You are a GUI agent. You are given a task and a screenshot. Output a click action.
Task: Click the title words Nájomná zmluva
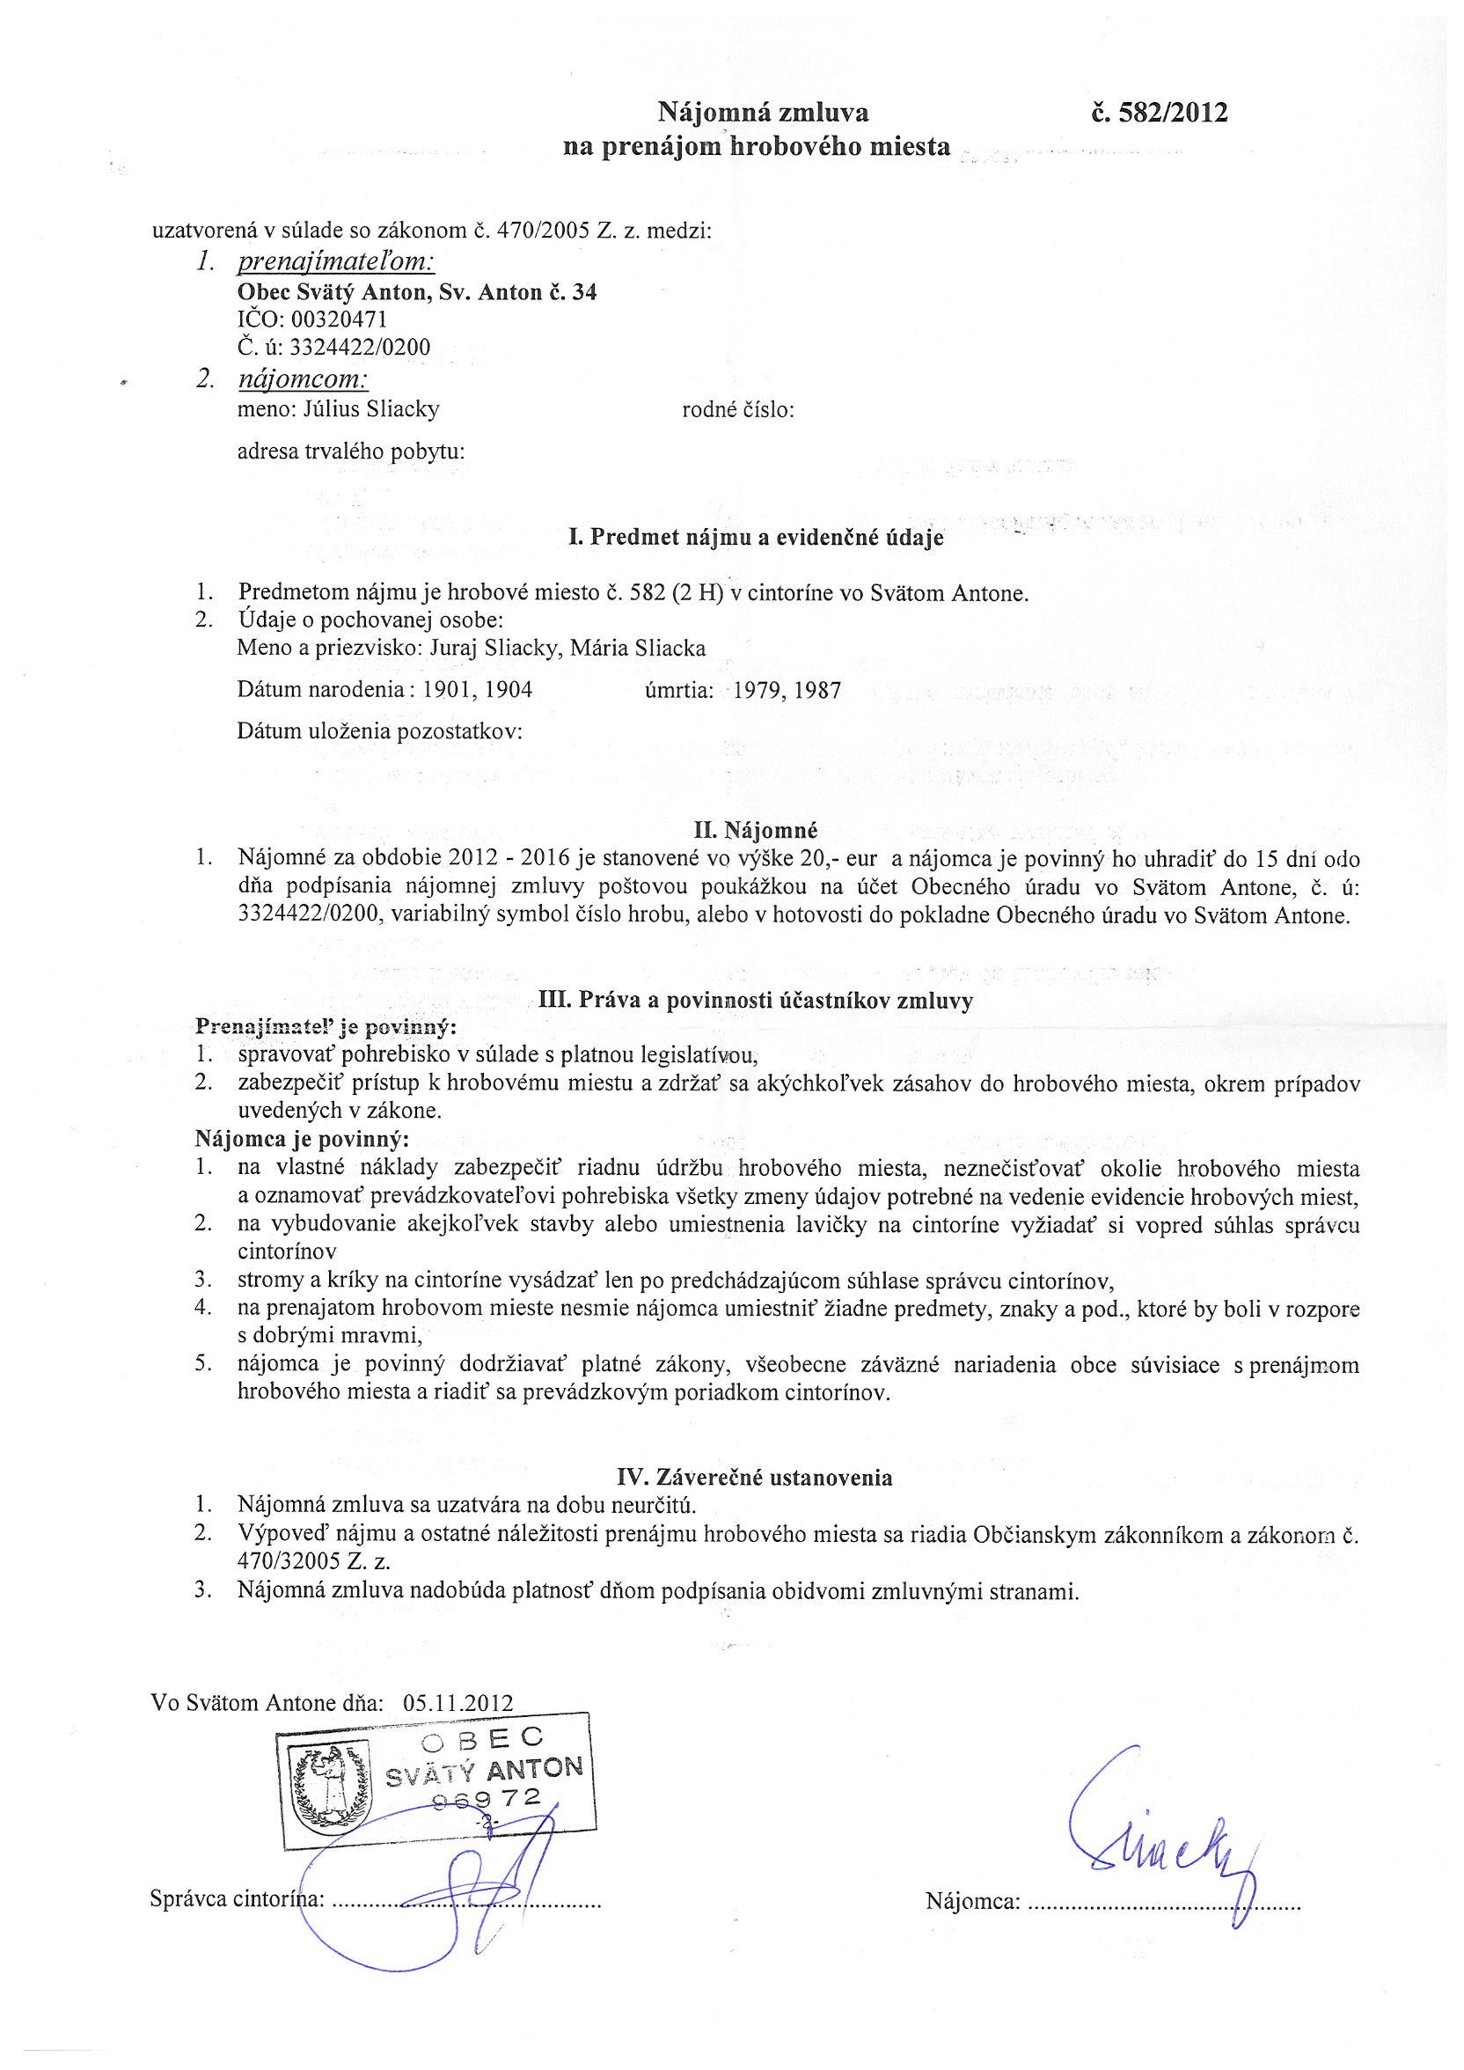[x=762, y=114]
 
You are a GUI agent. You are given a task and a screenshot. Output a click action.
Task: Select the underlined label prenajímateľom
[x=335, y=262]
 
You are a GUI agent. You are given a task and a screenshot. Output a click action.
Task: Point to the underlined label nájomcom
[x=303, y=379]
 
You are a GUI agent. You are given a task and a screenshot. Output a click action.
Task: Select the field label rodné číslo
[x=738, y=409]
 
